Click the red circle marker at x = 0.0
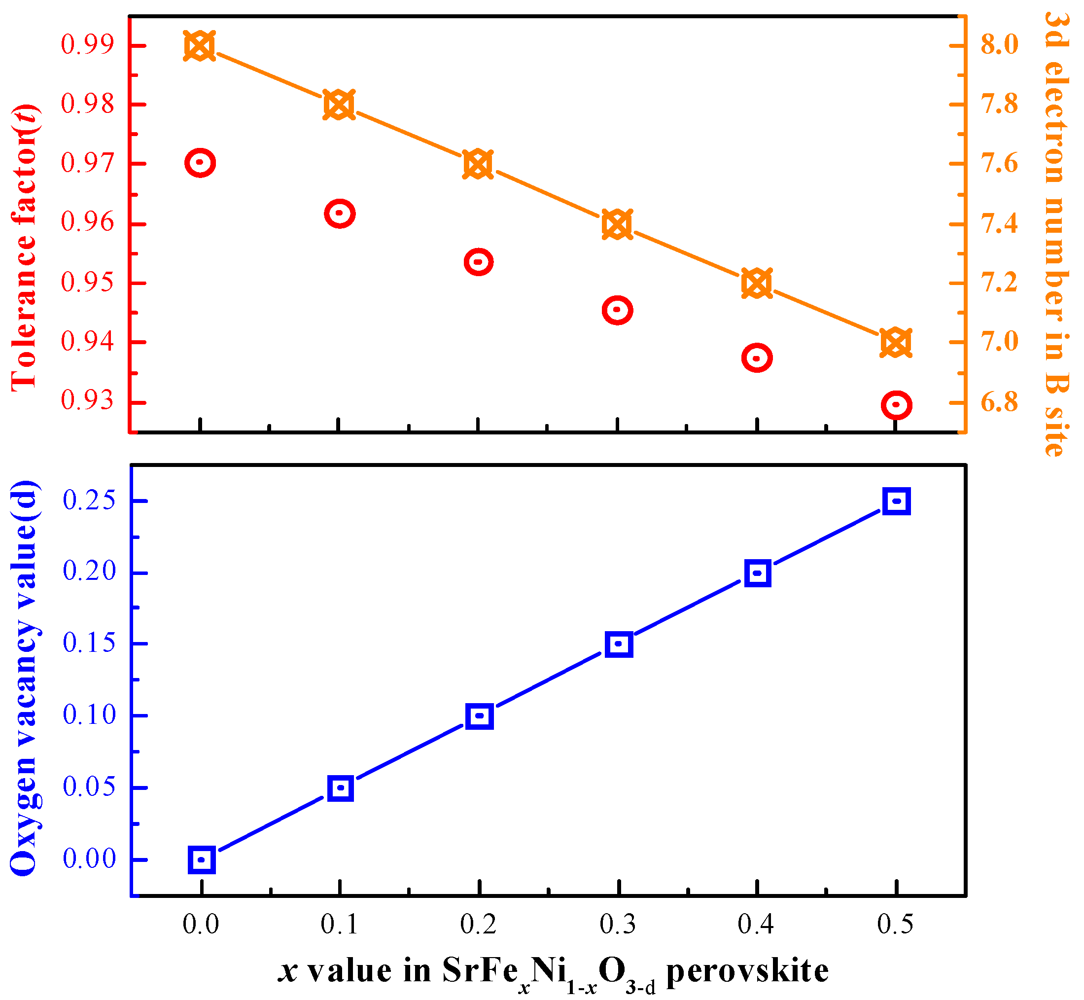(x=200, y=162)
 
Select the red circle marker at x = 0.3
(x=617, y=311)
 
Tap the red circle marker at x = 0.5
(x=896, y=405)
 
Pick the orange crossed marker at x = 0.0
(x=200, y=46)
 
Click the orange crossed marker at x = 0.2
(x=478, y=165)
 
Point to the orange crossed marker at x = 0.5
(x=896, y=343)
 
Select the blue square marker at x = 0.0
(x=202, y=859)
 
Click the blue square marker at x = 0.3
(x=619, y=644)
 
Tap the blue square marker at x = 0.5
(x=896, y=501)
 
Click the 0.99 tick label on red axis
(x=88, y=44)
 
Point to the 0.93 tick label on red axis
(x=88, y=401)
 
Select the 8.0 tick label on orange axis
(x=1000, y=44)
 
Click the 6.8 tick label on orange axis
(x=1000, y=402)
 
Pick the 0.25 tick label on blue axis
(x=89, y=500)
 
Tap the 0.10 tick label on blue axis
(x=89, y=715)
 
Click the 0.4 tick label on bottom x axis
(x=756, y=924)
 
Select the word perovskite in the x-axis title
(x=747, y=971)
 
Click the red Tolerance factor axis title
(x=24, y=246)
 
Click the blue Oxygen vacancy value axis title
(x=24, y=679)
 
